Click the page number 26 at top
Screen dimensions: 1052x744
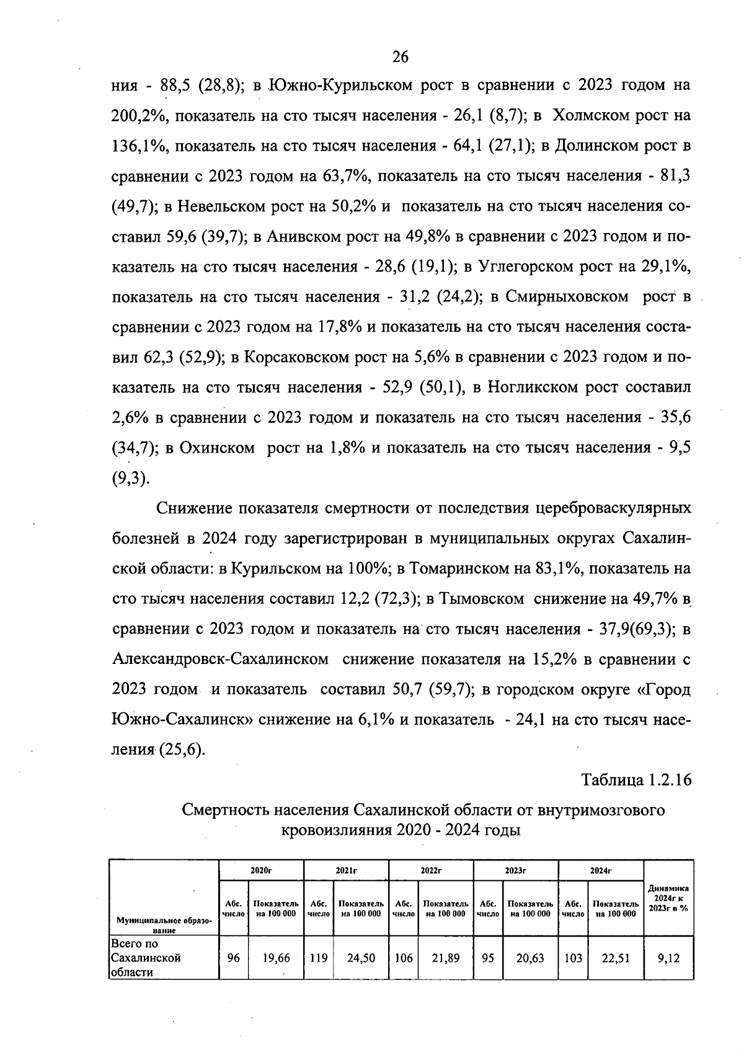click(401, 57)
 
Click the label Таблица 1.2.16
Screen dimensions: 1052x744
click(635, 779)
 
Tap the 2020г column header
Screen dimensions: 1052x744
click(261, 870)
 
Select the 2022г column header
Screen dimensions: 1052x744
click(431, 870)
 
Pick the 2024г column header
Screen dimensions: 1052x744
click(601, 870)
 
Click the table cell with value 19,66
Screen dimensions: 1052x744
click(275, 958)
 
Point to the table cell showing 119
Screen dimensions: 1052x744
click(318, 958)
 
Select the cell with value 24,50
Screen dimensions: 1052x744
click(360, 958)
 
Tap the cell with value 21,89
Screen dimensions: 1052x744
click(445, 958)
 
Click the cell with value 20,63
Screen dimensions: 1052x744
click(530, 958)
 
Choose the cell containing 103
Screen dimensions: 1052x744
click(573, 958)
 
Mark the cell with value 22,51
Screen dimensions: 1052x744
click(615, 958)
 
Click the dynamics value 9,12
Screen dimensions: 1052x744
click(668, 958)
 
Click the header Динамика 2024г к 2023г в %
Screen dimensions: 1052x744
click(668, 898)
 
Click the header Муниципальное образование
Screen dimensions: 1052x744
click(164, 926)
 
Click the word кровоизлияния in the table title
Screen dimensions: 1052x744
click(336, 829)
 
